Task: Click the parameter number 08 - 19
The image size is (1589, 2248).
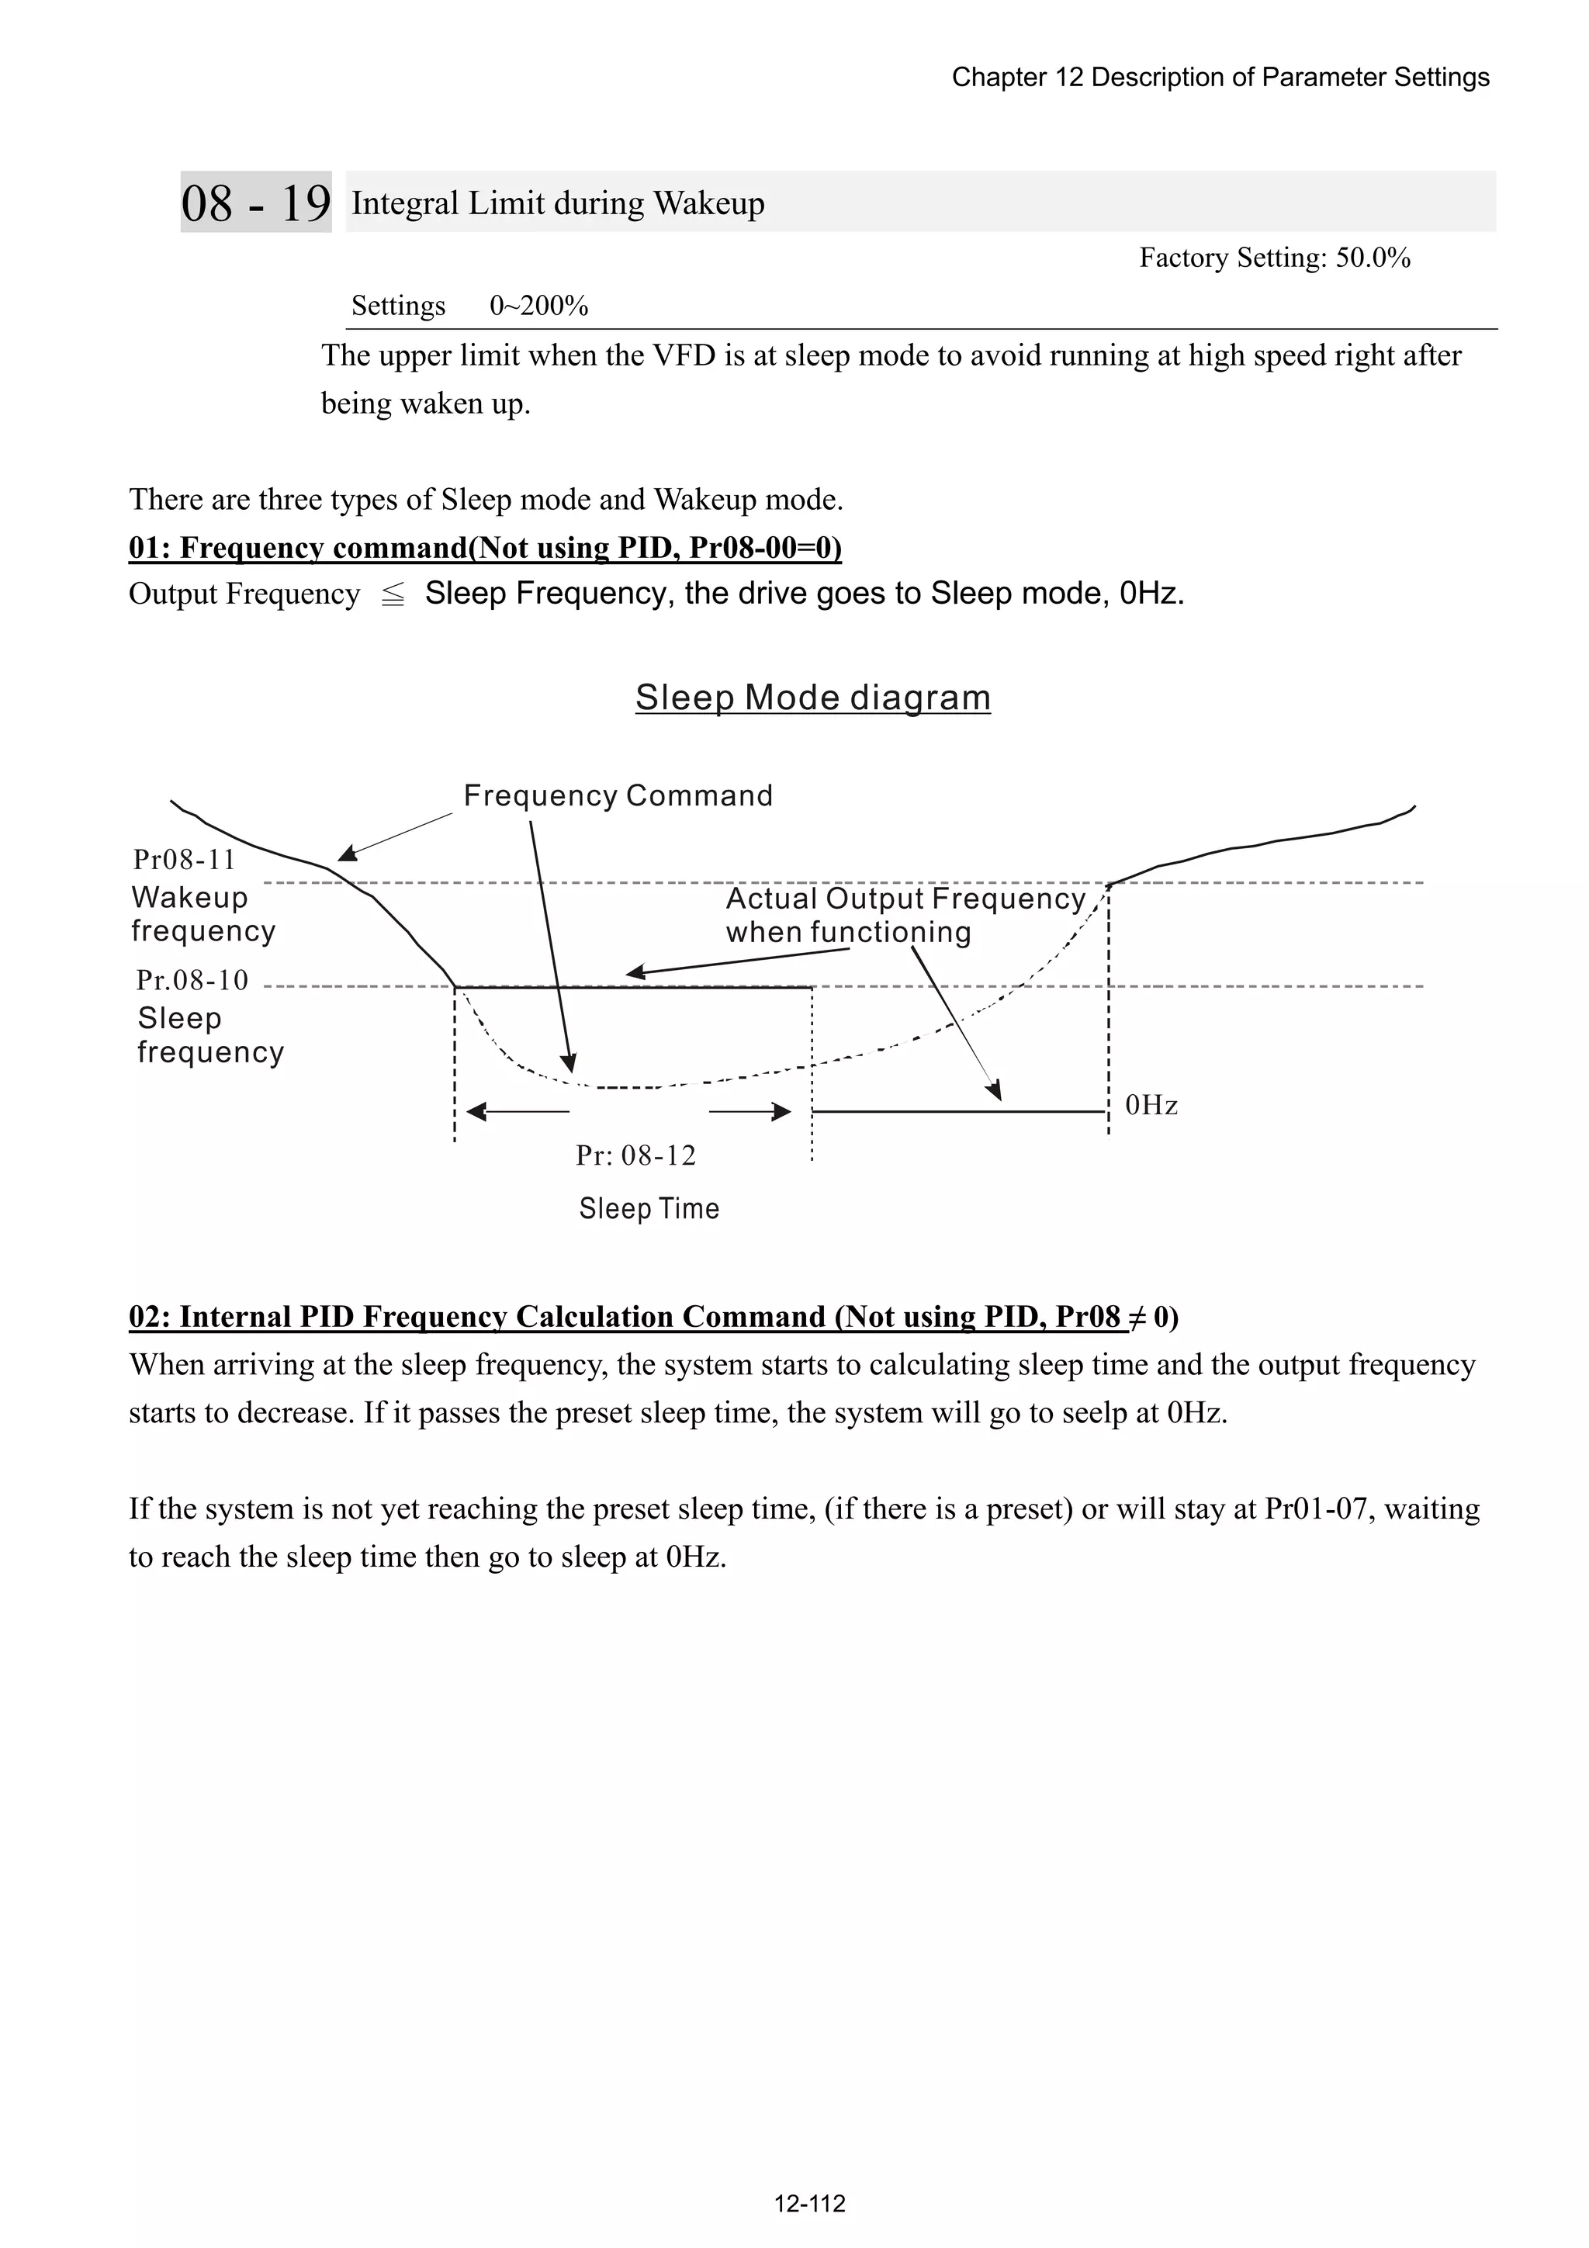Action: point(255,203)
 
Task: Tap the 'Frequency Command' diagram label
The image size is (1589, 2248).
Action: point(618,796)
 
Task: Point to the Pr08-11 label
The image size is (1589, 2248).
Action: point(185,860)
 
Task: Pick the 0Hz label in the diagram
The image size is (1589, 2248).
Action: point(1151,1106)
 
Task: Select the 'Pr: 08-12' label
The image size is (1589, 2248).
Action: point(635,1155)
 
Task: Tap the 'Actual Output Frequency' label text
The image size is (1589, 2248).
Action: point(905,899)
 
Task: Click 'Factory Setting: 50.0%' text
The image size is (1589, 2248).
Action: point(1275,258)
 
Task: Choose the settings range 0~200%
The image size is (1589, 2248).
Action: point(538,307)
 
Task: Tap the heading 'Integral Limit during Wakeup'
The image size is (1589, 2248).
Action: point(558,203)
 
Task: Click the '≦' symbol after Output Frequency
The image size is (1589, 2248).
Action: point(393,595)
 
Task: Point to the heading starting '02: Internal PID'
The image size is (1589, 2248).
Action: point(653,1317)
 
